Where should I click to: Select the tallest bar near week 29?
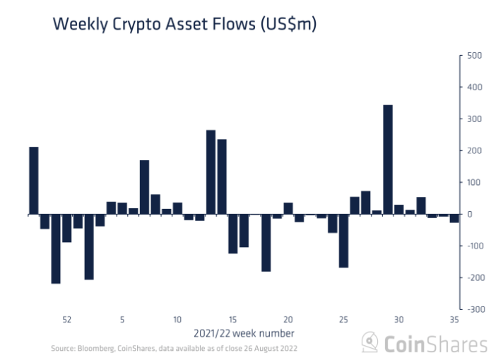[388, 159]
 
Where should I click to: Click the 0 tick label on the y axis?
[468, 214]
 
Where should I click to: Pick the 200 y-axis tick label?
[474, 150]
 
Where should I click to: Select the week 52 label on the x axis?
[66, 319]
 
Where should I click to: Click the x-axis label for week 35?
[454, 319]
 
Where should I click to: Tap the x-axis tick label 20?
[288, 319]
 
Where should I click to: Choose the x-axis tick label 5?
[122, 319]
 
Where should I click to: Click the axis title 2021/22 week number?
[244, 332]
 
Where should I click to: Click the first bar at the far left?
[34, 180]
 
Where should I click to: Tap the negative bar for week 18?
[266, 243]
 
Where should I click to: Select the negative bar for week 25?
[343, 241]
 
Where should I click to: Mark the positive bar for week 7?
[144, 187]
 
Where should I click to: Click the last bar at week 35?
[454, 218]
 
